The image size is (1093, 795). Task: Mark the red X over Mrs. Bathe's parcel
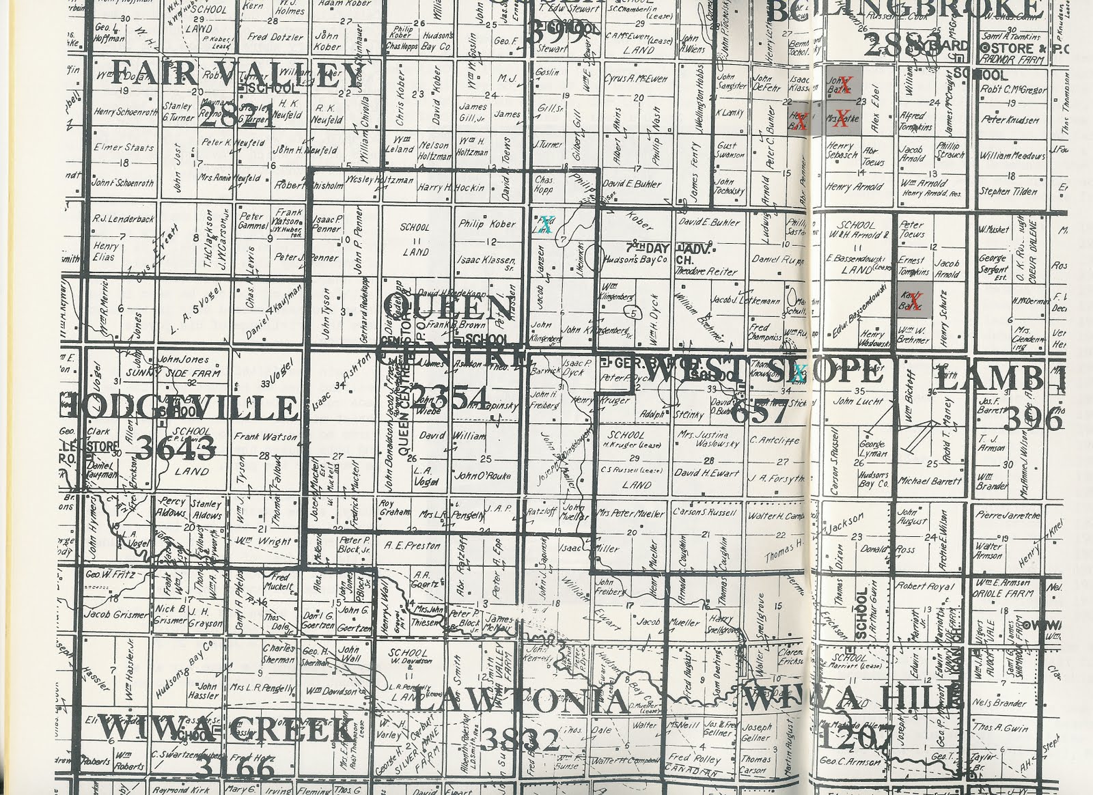pos(843,115)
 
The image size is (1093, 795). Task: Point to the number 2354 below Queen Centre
pos(450,397)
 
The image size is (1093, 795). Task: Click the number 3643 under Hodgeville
pos(176,448)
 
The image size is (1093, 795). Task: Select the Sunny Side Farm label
pos(189,374)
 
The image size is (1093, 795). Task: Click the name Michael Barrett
pos(930,481)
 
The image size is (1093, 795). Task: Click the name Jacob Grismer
pos(115,614)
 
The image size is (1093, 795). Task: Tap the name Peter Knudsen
pos(1011,120)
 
